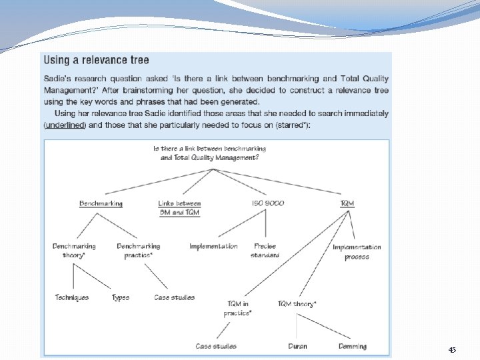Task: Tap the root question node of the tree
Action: (x=210, y=153)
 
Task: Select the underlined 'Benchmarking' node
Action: (x=101, y=203)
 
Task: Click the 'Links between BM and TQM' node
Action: (x=179, y=207)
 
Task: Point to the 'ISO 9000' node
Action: (x=268, y=203)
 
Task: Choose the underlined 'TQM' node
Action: (x=347, y=203)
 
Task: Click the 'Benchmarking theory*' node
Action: (x=74, y=251)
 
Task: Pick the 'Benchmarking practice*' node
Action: (x=139, y=251)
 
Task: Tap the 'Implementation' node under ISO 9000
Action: (x=213, y=247)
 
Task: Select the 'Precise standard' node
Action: (x=265, y=251)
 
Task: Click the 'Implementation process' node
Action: (x=357, y=252)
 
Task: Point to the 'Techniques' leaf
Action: (x=72, y=297)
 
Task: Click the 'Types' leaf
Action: (x=121, y=297)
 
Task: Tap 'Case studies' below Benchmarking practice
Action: (x=175, y=297)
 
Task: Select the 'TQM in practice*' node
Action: (x=238, y=308)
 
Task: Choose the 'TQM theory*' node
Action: (x=297, y=304)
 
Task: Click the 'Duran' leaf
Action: (x=297, y=347)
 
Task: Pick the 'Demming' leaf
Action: (x=352, y=347)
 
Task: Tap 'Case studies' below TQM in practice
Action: (x=216, y=347)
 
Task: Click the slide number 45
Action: (x=452, y=350)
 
